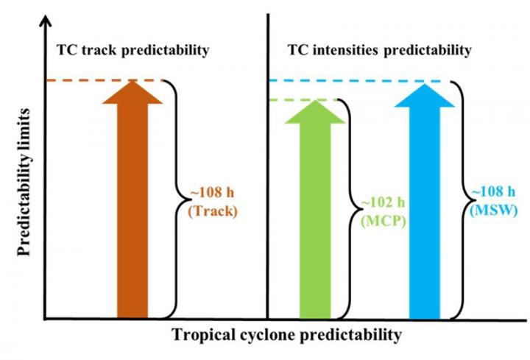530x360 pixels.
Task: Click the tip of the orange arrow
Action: (132, 81)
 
